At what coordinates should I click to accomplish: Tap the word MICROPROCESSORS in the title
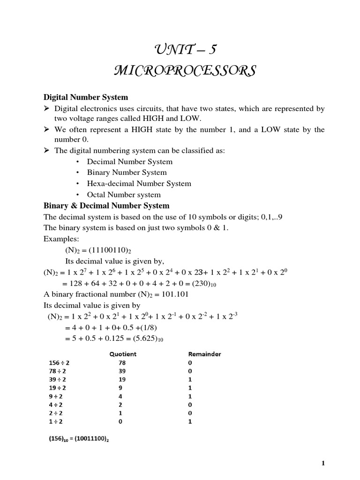pyautogui.click(x=184, y=71)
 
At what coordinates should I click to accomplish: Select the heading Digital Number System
pyautogui.click(x=86, y=97)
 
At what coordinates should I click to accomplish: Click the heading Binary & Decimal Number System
pyautogui.click(x=106, y=206)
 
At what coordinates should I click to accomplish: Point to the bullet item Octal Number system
pyautogui.click(x=124, y=195)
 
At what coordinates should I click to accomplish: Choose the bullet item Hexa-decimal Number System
pyautogui.click(x=139, y=183)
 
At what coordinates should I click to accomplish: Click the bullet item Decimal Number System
pyautogui.click(x=129, y=161)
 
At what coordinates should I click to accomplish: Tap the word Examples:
pyautogui.click(x=60, y=239)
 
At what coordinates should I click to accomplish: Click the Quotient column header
pyautogui.click(x=123, y=354)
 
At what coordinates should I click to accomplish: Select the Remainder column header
pyautogui.click(x=204, y=354)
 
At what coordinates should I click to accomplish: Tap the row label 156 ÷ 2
pyautogui.click(x=59, y=363)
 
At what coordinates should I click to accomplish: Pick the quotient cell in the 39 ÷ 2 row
pyautogui.click(x=123, y=379)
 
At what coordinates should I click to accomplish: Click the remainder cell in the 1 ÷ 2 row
pyautogui.click(x=190, y=421)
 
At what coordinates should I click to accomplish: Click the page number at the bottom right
pyautogui.click(x=323, y=464)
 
